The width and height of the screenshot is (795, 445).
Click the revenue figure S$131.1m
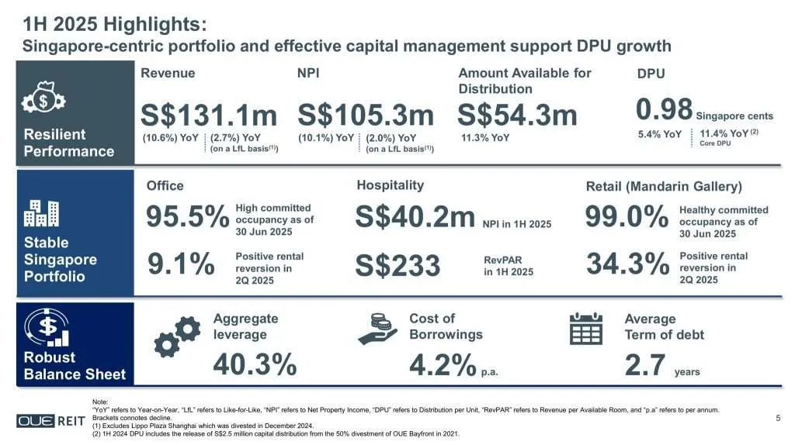[208, 116]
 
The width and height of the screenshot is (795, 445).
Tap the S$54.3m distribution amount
[517, 116]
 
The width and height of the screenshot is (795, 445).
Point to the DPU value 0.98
[664, 109]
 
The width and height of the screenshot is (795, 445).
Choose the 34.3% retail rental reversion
[627, 265]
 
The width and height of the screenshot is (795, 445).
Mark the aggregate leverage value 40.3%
[254, 364]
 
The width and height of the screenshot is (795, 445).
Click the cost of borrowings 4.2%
[442, 364]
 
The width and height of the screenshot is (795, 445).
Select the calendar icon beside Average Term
[586, 329]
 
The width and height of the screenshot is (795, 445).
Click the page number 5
[777, 419]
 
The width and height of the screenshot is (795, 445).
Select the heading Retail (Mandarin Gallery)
[663, 187]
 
